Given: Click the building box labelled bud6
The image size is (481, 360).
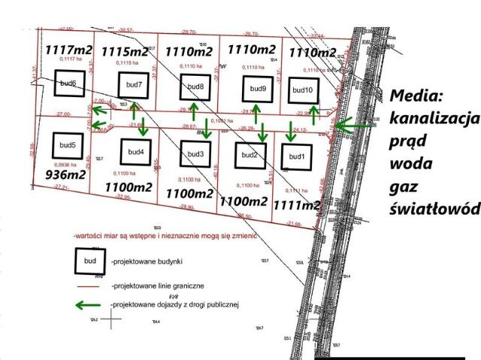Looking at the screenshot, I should pyautogui.click(x=68, y=83).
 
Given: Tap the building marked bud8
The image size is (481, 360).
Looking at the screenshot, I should pyautogui.click(x=195, y=87).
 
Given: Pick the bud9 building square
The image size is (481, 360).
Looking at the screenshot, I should pyautogui.click(x=256, y=89).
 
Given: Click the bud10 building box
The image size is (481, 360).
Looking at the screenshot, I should pyautogui.click(x=302, y=90).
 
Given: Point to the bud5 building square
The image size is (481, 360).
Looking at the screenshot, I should pyautogui.click(x=68, y=144).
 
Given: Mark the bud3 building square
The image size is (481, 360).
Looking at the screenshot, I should pyautogui.click(x=195, y=154).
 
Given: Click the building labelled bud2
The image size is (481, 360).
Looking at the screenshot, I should pyautogui.click(x=249, y=155).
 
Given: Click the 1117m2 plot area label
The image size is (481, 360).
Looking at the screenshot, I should pyautogui.click(x=68, y=50).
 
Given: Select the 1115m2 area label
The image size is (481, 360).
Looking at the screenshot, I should pyautogui.click(x=126, y=51).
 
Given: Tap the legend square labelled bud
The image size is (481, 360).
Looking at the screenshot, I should pyautogui.click(x=89, y=260).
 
